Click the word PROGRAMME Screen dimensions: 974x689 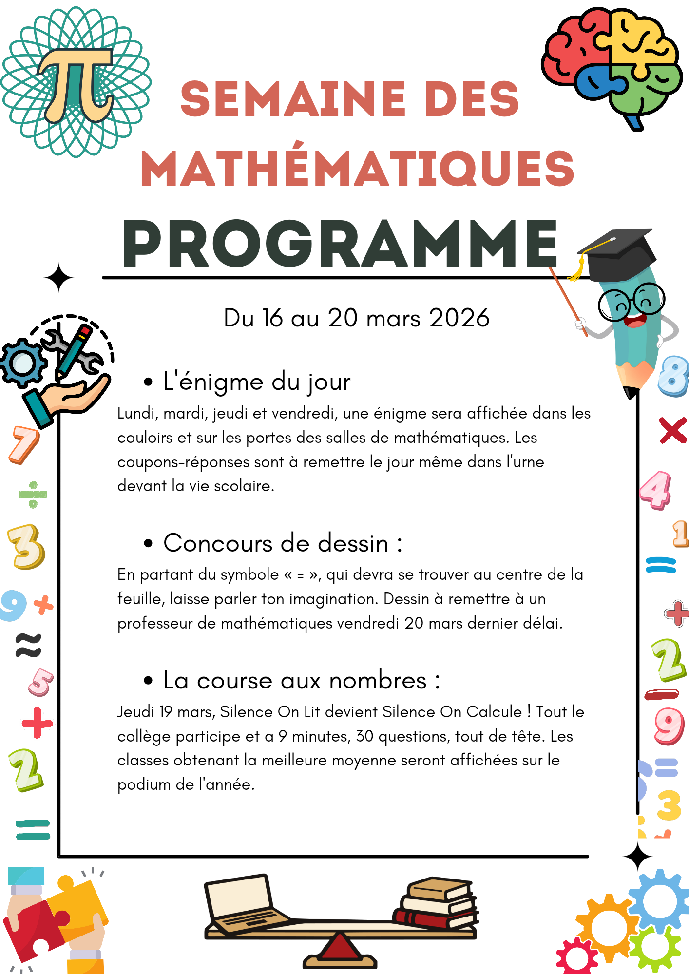coord(340,244)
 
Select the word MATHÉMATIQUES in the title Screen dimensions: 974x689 coord(358,168)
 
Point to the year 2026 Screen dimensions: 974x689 coord(459,318)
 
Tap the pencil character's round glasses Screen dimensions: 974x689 coord(631,303)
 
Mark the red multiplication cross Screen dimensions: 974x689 coord(673,430)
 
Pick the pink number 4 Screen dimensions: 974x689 coord(656,490)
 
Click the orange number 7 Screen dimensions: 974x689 coord(23,444)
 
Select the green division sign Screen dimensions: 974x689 coord(33,495)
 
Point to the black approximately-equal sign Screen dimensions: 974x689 coord(28,645)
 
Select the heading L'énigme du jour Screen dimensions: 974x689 coord(257,382)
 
